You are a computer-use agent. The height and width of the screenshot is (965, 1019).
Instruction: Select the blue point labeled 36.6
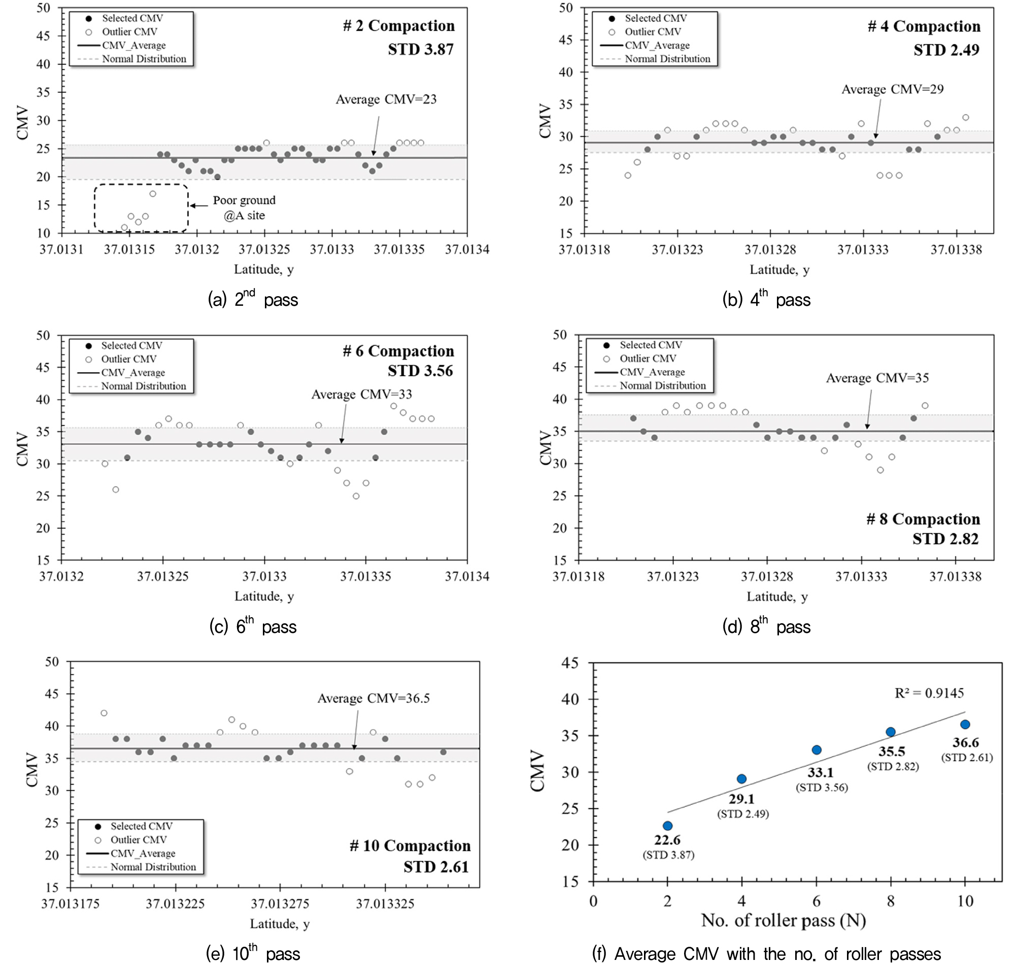point(965,724)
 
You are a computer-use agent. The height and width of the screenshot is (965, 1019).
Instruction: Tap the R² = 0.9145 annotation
point(929,693)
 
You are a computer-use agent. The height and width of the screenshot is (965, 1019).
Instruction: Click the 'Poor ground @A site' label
point(244,207)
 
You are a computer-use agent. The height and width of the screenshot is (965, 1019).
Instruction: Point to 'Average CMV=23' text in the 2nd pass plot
point(386,99)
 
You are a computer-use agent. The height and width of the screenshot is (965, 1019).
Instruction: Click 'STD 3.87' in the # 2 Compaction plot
point(421,49)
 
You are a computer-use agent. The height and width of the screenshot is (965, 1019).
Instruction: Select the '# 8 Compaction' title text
point(923,519)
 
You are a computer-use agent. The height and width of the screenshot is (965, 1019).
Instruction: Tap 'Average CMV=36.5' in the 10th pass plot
point(373,698)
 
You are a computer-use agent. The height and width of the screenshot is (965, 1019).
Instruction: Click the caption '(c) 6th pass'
point(253,627)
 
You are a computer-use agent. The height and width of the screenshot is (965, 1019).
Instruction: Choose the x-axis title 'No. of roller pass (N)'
point(784,920)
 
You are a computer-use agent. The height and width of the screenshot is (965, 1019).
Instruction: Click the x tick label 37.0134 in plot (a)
point(467,250)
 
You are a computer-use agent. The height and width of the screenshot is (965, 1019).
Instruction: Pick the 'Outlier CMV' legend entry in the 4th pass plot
point(653,32)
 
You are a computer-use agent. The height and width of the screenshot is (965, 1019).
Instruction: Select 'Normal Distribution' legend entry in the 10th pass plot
point(153,867)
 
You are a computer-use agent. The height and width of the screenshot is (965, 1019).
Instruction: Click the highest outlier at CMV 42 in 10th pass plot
point(104,713)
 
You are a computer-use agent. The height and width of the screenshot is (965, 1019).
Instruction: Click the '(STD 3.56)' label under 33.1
point(822,787)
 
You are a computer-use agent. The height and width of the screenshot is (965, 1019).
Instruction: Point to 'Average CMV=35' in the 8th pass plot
point(877,378)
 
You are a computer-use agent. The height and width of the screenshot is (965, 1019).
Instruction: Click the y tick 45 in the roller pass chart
point(570,664)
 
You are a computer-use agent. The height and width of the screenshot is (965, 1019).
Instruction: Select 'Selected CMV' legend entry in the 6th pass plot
point(131,346)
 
